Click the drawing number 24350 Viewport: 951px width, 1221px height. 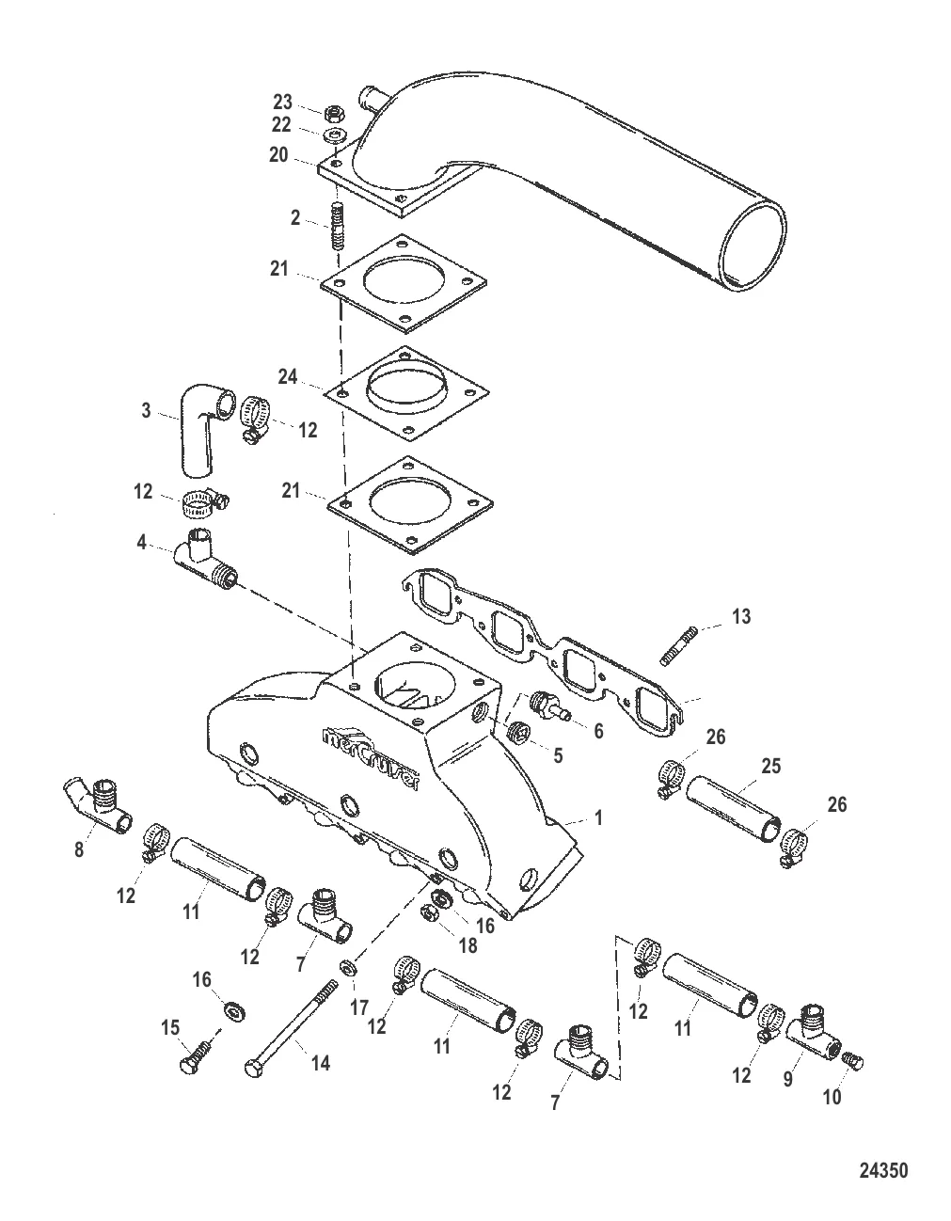pos(883,1165)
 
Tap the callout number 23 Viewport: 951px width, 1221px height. pos(282,102)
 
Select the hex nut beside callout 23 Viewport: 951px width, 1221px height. pos(334,115)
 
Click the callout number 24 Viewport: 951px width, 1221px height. pos(287,376)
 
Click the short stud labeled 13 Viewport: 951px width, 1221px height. pos(679,645)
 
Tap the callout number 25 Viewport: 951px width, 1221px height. pos(771,766)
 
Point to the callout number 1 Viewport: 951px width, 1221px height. pos(599,817)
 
